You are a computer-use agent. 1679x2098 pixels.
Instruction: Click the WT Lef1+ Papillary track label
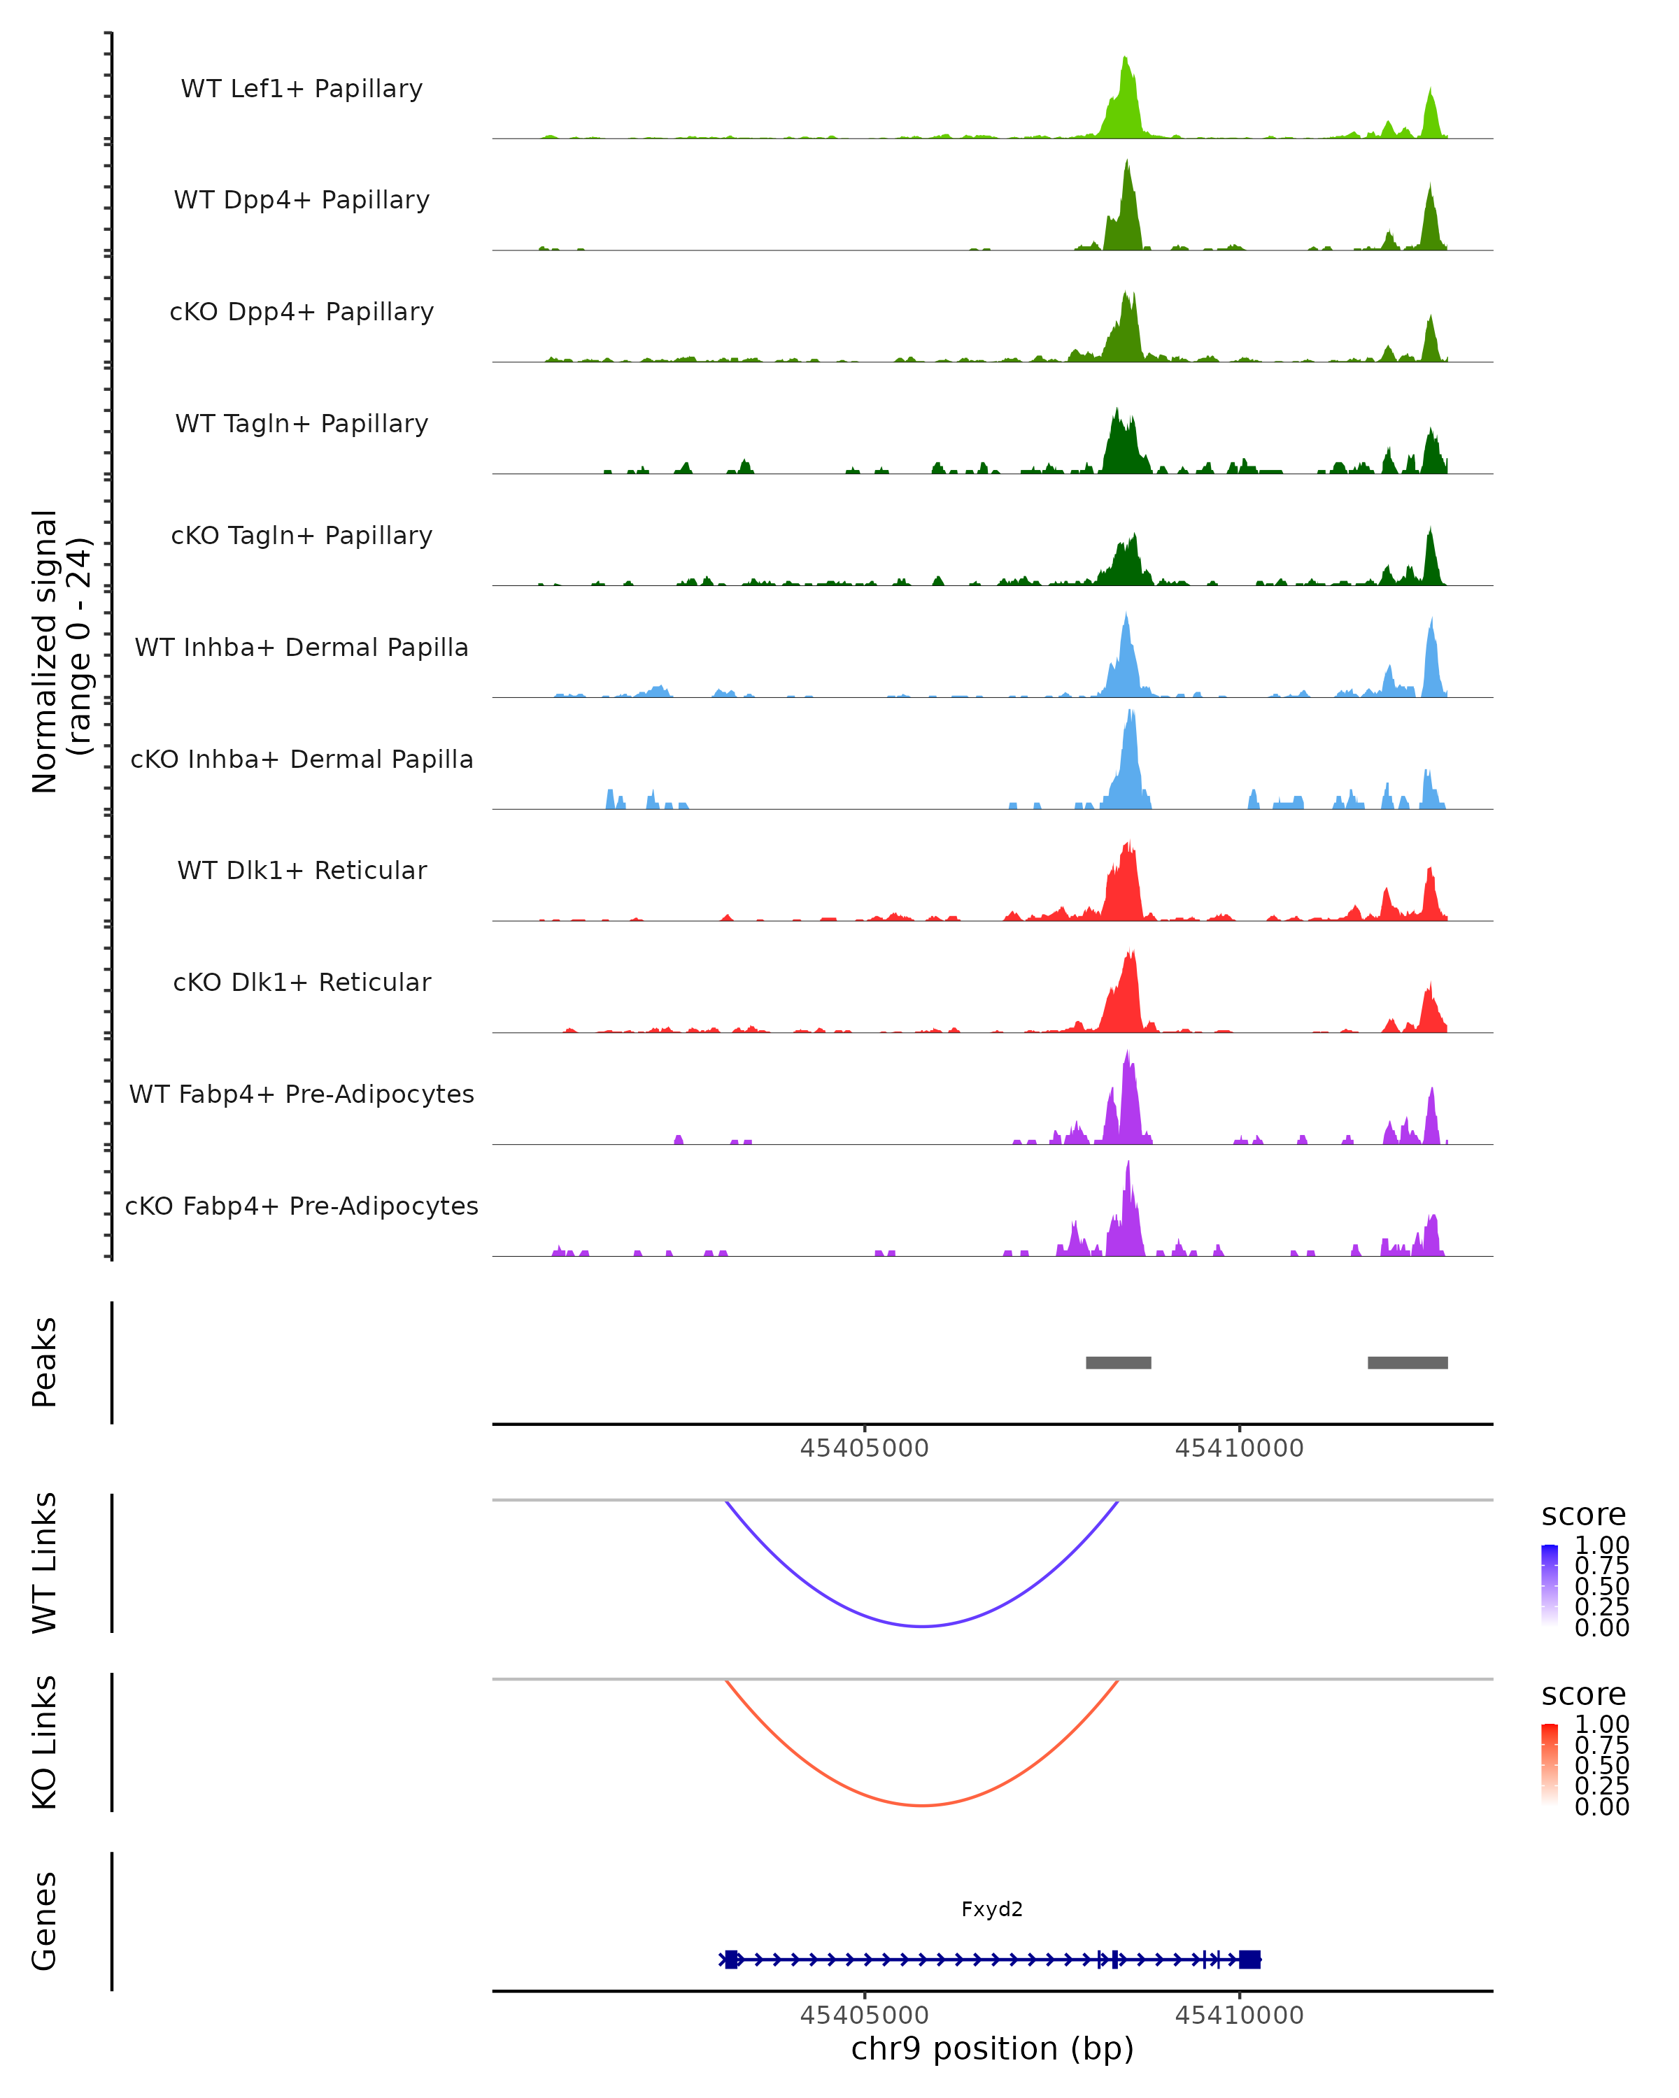click(x=302, y=89)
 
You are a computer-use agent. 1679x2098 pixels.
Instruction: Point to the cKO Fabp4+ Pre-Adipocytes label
click(x=302, y=1206)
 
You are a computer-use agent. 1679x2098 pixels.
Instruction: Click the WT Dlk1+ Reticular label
click(x=302, y=871)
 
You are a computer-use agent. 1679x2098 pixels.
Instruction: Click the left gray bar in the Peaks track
click(x=1119, y=1362)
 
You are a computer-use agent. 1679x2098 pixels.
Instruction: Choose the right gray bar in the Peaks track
click(x=1408, y=1362)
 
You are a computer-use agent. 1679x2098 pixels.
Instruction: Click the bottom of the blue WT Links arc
click(x=922, y=1626)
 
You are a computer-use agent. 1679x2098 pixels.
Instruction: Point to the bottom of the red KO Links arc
click(x=922, y=1805)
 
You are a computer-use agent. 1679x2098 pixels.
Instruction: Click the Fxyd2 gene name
click(x=992, y=1909)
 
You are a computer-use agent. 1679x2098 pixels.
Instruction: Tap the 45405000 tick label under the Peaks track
click(x=864, y=1448)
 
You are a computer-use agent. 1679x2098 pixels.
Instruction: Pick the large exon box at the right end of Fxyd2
click(x=1249, y=1959)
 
